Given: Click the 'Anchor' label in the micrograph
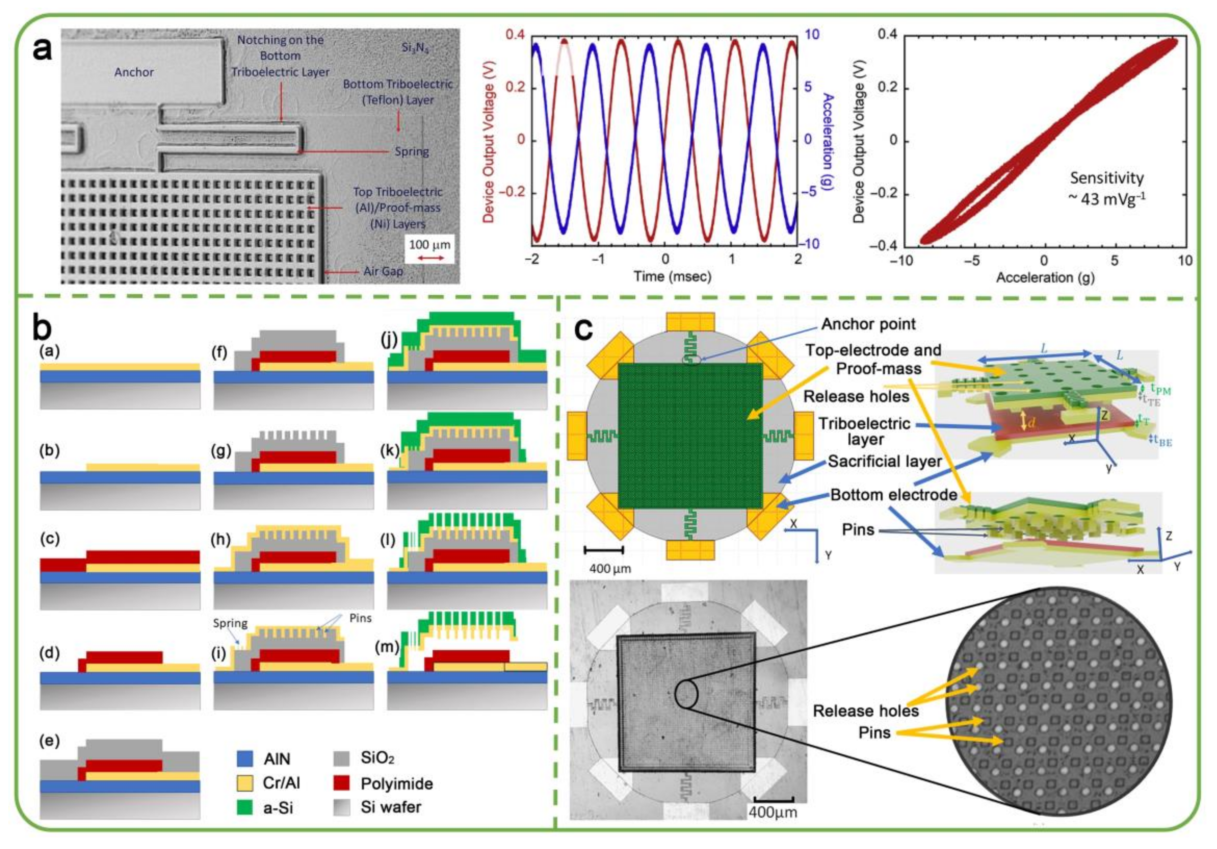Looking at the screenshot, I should pyautogui.click(x=134, y=72).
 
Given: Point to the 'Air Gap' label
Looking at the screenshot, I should pyautogui.click(x=383, y=271).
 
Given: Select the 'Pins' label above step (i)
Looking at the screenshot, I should pyautogui.click(x=360, y=618).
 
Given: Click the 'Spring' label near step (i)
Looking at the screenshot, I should pyautogui.click(x=230, y=623).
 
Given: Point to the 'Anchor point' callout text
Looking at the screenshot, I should pyautogui.click(x=868, y=324).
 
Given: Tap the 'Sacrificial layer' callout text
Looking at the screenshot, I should pyautogui.click(x=885, y=461).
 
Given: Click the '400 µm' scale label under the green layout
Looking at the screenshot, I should pyautogui.click(x=610, y=569).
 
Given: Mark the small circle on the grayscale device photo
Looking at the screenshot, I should pyautogui.click(x=686, y=694).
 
